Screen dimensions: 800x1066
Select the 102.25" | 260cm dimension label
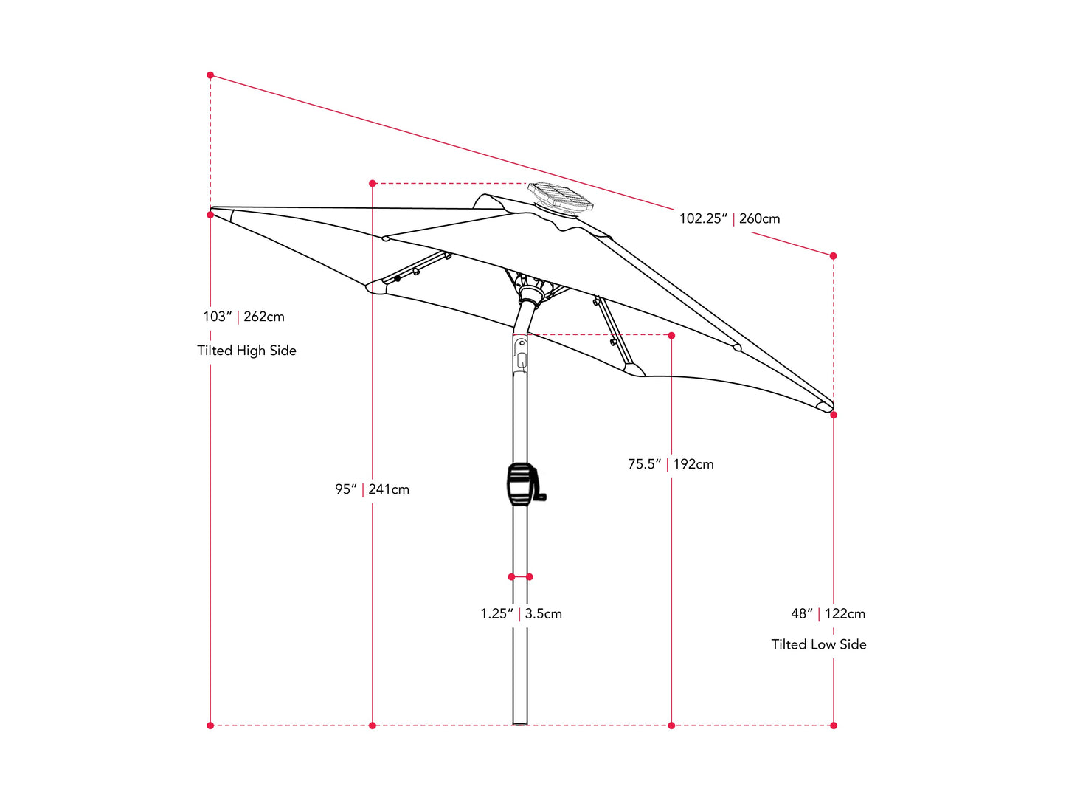729,218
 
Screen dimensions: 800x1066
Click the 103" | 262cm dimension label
243,317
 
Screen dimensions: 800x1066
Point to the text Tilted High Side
246,351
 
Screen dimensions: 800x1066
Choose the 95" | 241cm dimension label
372,489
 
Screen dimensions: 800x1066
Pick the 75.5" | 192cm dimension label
671,464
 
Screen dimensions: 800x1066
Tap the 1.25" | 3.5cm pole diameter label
521,613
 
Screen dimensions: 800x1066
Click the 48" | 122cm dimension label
828,613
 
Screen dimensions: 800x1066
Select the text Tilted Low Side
819,644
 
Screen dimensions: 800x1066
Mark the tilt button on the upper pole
521,360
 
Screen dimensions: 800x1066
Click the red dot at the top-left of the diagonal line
210,75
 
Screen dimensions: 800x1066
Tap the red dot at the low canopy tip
834,415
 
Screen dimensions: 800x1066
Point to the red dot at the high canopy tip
210,215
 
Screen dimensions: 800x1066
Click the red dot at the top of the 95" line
373,183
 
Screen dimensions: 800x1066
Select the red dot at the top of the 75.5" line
671,335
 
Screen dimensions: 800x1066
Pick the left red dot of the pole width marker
511,577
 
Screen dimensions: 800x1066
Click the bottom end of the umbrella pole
520,721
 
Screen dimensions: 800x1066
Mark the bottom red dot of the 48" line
834,725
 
